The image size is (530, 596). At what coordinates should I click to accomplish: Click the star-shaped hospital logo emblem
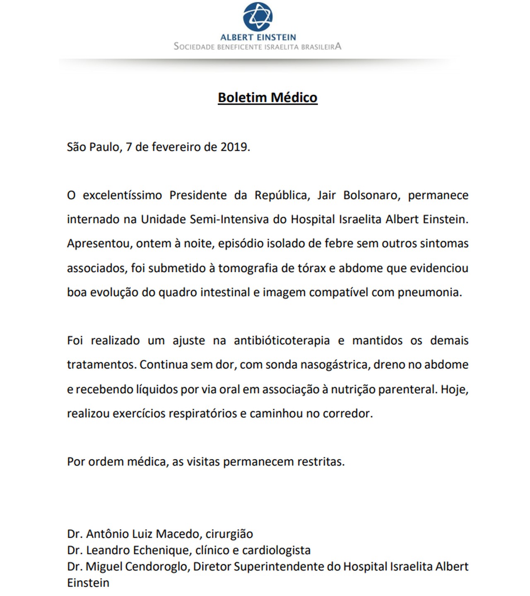[258, 16]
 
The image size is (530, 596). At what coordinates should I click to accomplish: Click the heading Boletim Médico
[267, 97]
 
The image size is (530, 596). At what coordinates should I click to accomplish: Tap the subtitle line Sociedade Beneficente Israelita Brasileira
[258, 46]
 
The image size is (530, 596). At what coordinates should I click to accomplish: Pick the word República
[282, 195]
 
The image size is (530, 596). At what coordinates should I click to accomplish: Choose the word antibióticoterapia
[282, 341]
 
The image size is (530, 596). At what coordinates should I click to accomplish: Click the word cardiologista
[276, 551]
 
